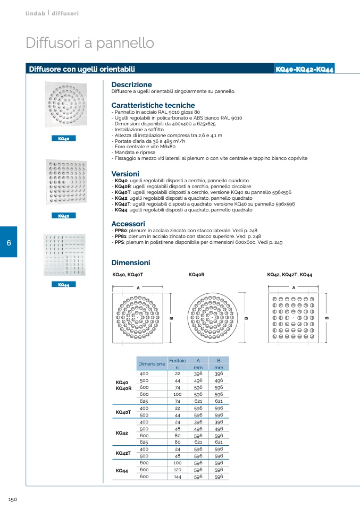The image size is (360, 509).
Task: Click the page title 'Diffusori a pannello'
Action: (x=90, y=43)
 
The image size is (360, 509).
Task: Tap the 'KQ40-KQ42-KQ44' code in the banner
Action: (x=305, y=69)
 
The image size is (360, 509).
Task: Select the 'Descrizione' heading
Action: (x=131, y=84)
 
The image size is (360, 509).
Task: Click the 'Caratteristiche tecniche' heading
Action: (x=153, y=105)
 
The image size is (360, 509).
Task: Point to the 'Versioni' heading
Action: (x=125, y=174)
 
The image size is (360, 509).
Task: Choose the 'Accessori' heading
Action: (x=128, y=224)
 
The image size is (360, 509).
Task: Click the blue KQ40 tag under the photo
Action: (x=64, y=138)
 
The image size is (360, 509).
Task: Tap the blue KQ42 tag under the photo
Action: (x=64, y=216)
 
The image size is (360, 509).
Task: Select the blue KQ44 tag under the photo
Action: (x=64, y=284)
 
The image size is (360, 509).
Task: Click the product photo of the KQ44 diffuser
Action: (x=64, y=255)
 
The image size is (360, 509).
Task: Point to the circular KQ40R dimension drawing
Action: (x=213, y=318)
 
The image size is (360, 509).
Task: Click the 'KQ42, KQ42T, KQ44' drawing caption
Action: (x=289, y=275)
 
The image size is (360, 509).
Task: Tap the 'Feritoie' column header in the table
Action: (x=178, y=361)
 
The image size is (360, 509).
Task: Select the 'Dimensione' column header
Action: (x=152, y=364)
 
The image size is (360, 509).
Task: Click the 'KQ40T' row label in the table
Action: (x=123, y=412)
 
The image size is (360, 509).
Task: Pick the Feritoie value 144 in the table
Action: (x=178, y=477)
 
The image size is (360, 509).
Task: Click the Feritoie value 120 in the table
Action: (x=178, y=470)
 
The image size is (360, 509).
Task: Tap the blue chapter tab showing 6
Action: (x=9, y=242)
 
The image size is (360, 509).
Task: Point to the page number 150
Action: (x=13, y=499)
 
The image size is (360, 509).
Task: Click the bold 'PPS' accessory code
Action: (x=119, y=242)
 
